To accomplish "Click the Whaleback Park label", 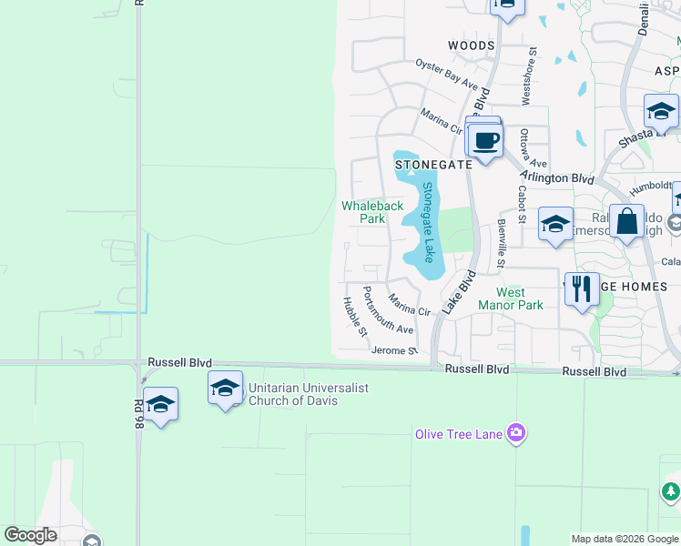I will (372, 212).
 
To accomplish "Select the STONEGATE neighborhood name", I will (433, 165).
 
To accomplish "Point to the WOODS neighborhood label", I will (471, 45).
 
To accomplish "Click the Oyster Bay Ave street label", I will (447, 74).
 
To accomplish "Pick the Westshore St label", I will (525, 77).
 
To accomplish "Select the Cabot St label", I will (522, 205).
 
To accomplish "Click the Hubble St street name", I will (355, 316).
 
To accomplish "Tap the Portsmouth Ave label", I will (388, 310).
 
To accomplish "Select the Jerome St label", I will (394, 350).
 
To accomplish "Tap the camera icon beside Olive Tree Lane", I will (517, 431).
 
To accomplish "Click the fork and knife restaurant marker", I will (582, 288).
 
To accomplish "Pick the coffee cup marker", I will (486, 141).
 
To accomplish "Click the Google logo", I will (30, 535).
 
